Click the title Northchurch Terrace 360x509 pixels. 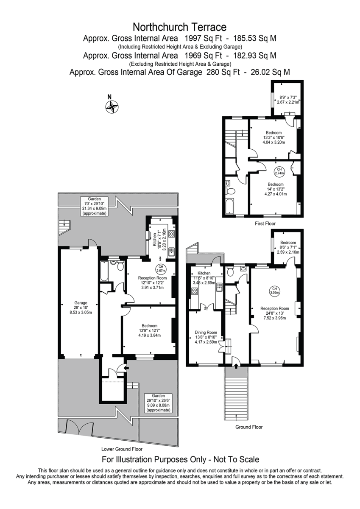coord(180,28)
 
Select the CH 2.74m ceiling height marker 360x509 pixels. coord(279,171)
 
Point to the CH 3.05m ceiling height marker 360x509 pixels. coord(274,291)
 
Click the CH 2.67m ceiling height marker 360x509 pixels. coord(161,268)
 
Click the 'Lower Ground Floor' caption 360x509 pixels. coord(122,449)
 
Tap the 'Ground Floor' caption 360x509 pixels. coord(249,427)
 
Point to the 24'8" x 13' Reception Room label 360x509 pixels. coord(274,313)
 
